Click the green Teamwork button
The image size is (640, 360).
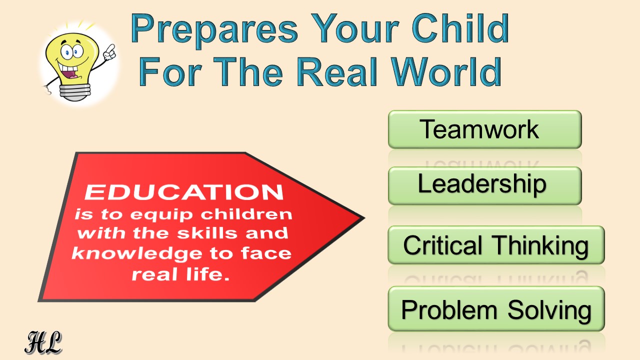click(485, 129)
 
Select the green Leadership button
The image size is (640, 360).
click(485, 185)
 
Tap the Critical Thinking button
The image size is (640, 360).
click(496, 245)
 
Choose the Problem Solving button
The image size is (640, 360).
click(496, 308)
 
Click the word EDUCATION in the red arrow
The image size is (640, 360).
click(184, 192)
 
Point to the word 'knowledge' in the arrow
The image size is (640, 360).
click(136, 253)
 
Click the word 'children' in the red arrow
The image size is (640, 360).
click(246, 214)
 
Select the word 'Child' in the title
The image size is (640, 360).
click(460, 28)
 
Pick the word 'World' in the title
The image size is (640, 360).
click(446, 71)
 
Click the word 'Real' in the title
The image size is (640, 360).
click(337, 71)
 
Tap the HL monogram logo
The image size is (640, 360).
click(43, 342)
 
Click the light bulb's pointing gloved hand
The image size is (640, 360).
click(109, 52)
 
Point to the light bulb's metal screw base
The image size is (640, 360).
click(75, 92)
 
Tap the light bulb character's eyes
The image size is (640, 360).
click(71, 51)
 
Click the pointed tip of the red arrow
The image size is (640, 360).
click(364, 218)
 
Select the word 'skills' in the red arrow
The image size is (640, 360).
click(207, 233)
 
